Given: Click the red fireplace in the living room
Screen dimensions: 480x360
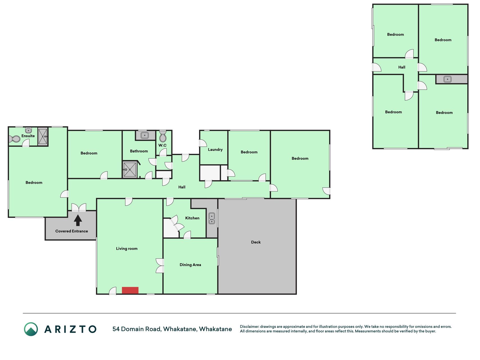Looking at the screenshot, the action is tap(130, 290).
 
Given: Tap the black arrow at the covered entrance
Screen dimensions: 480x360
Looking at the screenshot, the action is tap(78, 220).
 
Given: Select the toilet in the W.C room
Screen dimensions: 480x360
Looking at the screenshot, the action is tap(163, 136).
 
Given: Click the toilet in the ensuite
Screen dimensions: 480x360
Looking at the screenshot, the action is tap(15, 139).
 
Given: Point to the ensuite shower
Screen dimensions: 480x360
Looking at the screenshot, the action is tap(43, 136).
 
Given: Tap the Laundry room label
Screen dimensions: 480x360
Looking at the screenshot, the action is tap(215, 150).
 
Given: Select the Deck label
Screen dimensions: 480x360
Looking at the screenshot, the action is tap(256, 242).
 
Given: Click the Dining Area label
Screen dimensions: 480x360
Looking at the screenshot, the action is tap(190, 265).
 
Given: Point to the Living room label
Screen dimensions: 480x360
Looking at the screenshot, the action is tap(127, 249).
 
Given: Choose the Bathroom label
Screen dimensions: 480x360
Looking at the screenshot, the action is tap(139, 151).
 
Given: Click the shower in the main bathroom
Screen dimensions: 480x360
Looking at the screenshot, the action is tap(130, 170).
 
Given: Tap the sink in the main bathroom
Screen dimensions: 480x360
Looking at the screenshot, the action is tap(145, 135).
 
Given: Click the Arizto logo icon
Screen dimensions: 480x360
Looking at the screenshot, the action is tap(31, 329).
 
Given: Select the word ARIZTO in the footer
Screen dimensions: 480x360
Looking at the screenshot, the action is tap(70, 329).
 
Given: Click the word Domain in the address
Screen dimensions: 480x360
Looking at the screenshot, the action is tap(132, 329).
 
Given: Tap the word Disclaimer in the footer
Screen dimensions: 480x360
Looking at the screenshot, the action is tap(249, 327).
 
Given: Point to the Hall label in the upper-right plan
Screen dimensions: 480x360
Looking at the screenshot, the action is tap(402, 67).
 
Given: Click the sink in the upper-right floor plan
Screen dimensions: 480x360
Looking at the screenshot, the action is tap(447, 79).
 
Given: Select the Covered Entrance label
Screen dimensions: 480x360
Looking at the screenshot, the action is tap(72, 231).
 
